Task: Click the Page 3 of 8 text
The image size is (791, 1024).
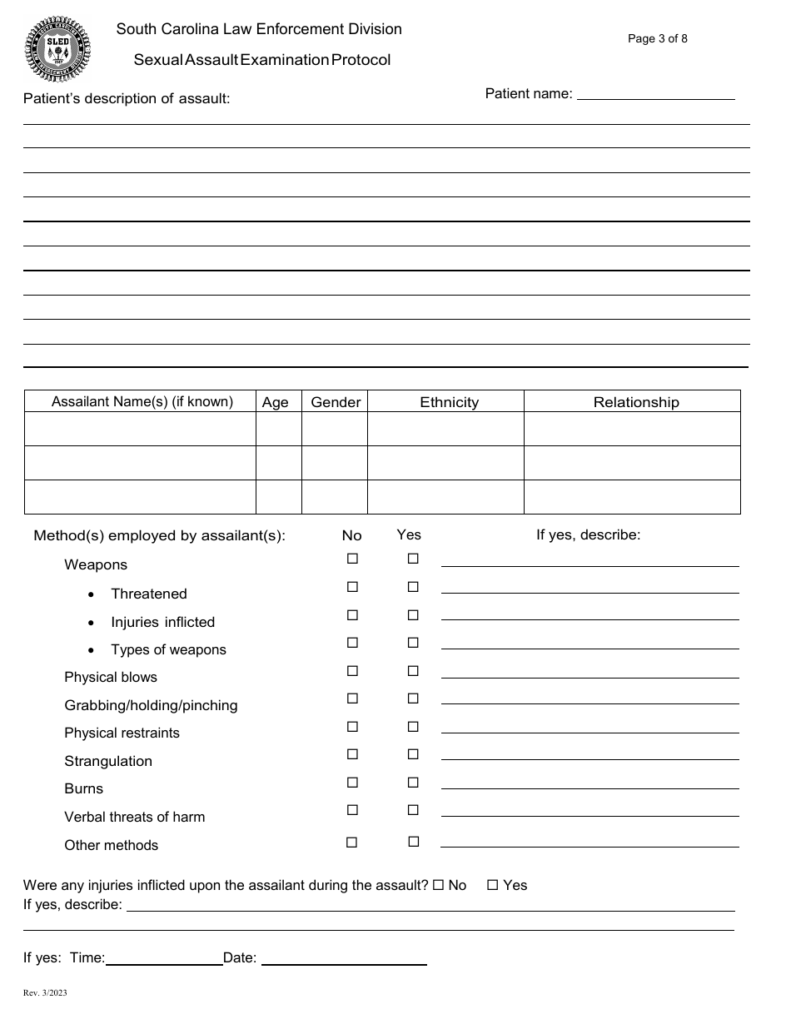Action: [657, 38]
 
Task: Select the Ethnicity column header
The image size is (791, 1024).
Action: [449, 402]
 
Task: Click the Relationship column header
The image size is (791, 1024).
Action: [636, 402]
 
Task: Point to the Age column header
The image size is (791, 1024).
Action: [275, 402]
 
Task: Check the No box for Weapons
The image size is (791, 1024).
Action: [352, 559]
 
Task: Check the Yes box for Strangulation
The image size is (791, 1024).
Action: [413, 754]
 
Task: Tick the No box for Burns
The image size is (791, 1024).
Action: [352, 783]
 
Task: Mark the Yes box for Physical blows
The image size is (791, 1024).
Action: [413, 671]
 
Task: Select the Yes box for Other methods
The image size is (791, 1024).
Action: [413, 842]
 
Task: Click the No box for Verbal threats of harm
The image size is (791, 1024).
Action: [352, 810]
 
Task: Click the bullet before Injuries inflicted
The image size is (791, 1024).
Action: [91, 623]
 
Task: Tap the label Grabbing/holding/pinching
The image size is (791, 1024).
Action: [151, 705]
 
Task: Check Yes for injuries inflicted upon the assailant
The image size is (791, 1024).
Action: [492, 885]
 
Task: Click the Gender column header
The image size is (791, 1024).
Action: [336, 402]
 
